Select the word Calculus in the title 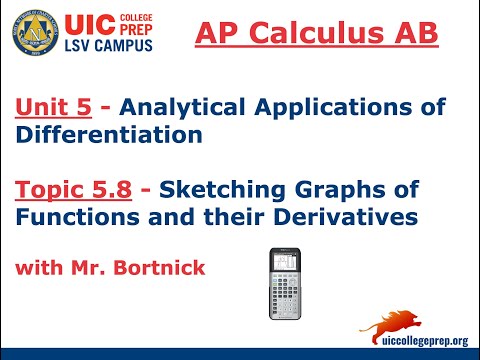[x=342, y=34]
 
